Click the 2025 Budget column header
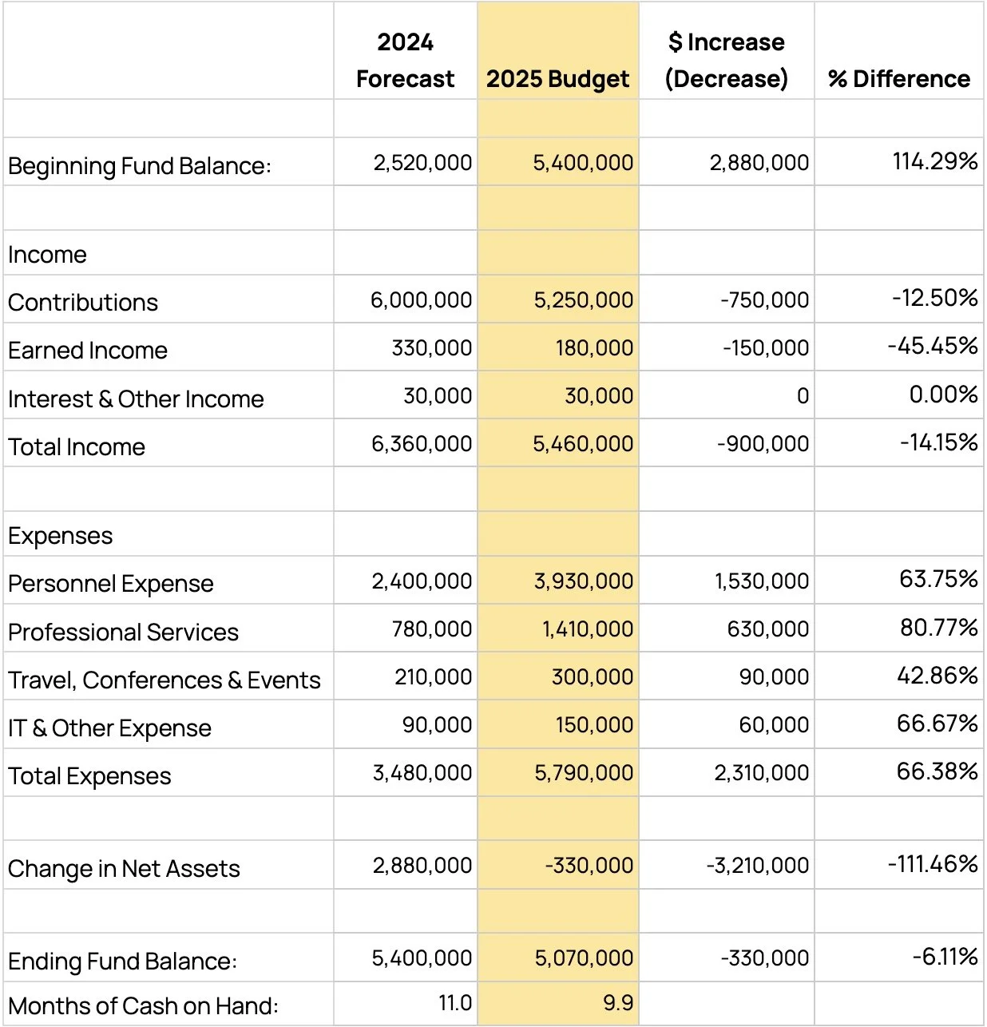(557, 78)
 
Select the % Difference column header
(899, 78)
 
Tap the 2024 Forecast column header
(405, 61)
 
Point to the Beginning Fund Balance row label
(140, 166)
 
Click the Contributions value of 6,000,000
(421, 300)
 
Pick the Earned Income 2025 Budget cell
(594, 348)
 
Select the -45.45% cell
(932, 346)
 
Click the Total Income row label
(77, 447)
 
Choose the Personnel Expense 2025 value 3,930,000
(583, 581)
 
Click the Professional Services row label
(123, 632)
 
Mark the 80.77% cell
(938, 628)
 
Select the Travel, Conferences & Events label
(164, 680)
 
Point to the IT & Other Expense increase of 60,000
(774, 725)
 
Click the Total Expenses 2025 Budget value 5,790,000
(583, 773)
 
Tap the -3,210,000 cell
(757, 866)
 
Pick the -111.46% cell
(932, 863)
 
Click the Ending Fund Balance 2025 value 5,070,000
(584, 958)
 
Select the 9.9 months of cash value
(618, 1003)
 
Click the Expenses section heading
(61, 536)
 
